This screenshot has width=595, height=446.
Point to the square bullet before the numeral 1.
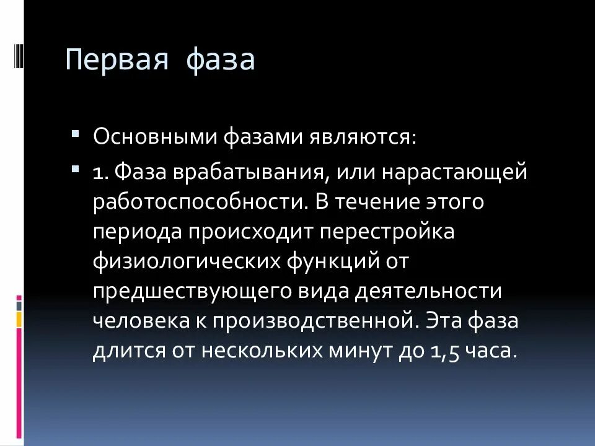coord(75,168)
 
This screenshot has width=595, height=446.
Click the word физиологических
coord(185,261)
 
